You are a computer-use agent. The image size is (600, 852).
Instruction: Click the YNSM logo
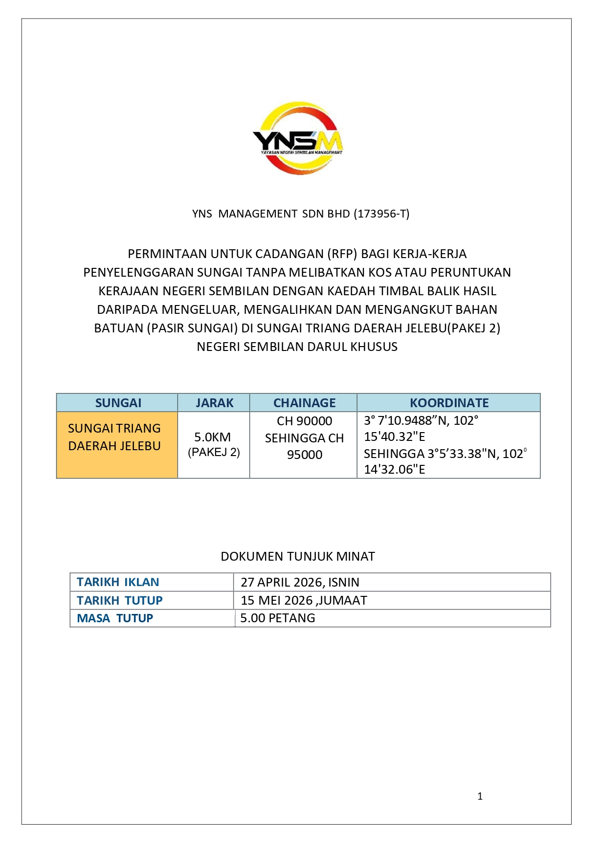[298, 138]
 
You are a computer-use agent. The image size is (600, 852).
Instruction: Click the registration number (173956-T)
[382, 214]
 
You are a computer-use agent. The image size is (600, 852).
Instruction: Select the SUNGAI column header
[118, 403]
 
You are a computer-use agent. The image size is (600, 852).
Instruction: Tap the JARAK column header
[214, 403]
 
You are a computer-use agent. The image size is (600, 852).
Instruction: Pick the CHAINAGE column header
[304, 403]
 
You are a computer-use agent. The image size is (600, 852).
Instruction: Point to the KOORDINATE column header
[449, 403]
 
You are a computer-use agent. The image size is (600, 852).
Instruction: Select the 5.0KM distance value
[212, 437]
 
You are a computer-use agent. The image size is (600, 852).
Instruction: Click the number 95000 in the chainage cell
[305, 455]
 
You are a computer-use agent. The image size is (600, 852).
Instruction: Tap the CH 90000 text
[304, 421]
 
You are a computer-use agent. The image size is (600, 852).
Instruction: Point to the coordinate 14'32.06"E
[395, 470]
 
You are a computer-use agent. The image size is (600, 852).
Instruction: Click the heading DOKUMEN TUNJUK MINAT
[298, 556]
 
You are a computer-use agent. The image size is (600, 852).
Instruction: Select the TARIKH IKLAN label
[118, 582]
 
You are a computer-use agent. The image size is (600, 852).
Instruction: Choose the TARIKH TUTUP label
[119, 600]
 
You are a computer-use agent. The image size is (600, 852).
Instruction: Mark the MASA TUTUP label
[115, 618]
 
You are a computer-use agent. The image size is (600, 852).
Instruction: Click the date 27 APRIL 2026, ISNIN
[300, 582]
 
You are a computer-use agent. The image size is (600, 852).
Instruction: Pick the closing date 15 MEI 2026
[277, 600]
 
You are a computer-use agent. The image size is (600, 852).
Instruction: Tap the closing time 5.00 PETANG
[278, 618]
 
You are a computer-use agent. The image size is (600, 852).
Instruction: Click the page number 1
[480, 796]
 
